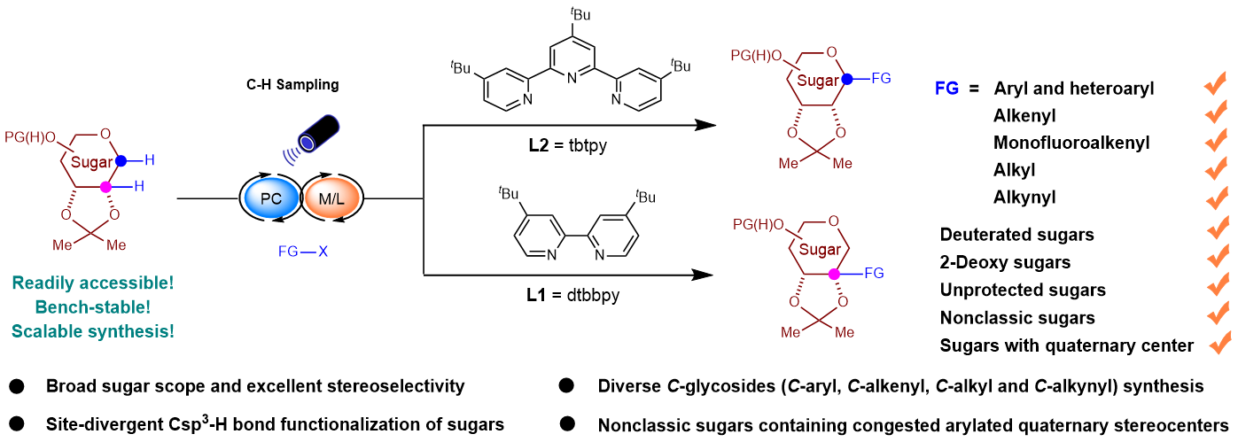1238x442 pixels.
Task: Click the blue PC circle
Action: pyautogui.click(x=271, y=199)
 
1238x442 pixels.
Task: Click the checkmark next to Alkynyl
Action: pyautogui.click(x=1215, y=196)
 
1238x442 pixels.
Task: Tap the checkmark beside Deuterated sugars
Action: pyautogui.click(x=1215, y=233)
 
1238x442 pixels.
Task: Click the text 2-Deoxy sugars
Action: pyautogui.click(x=1005, y=262)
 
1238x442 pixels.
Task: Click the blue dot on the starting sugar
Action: pyautogui.click(x=121, y=160)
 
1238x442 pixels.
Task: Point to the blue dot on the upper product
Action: pyautogui.click(x=846, y=79)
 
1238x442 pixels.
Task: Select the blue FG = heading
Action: pyautogui.click(x=957, y=89)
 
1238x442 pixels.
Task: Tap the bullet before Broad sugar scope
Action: pyautogui.click(x=17, y=387)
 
